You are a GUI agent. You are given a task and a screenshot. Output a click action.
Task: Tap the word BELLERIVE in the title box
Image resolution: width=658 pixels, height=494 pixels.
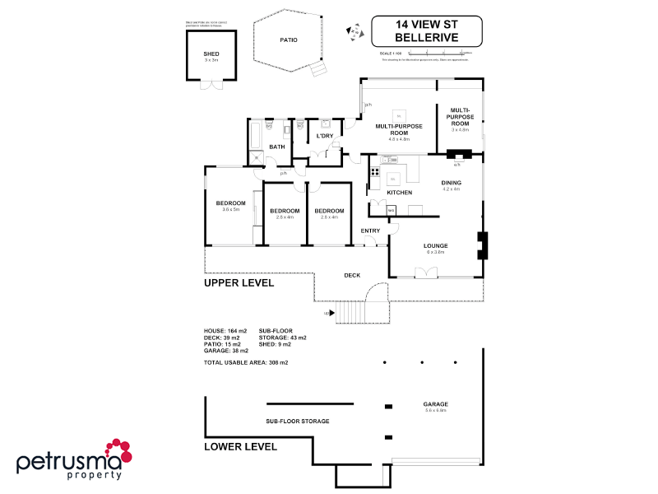[426, 38]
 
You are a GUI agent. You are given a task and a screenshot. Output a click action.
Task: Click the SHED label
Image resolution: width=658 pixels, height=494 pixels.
[211, 54]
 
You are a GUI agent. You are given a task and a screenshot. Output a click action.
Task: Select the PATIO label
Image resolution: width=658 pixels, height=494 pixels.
[288, 40]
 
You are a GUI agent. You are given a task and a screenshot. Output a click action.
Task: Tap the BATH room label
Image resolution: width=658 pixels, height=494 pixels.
[276, 147]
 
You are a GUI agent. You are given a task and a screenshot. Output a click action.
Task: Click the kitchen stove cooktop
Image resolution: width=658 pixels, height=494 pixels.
[374, 172]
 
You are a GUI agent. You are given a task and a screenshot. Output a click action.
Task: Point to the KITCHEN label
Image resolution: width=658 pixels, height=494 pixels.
[399, 193]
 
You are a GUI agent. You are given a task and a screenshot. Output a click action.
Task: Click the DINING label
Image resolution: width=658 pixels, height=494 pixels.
[451, 183]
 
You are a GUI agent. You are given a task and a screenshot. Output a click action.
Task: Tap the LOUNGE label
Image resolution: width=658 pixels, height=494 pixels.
[435, 245]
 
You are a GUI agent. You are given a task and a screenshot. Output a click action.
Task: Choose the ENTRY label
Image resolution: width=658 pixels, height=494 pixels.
[370, 231]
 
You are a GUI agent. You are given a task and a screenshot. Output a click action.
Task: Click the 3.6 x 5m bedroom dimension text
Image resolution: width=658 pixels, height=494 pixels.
[230, 209]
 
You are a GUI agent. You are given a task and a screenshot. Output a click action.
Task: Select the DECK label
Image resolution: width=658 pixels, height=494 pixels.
[352, 276]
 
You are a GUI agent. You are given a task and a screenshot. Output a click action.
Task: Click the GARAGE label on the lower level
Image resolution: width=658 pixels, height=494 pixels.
[435, 403]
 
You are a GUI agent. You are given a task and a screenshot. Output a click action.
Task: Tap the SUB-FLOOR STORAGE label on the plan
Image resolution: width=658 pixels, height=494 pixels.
[297, 421]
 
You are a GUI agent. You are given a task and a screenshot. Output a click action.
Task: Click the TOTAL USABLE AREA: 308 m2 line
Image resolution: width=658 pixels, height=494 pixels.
[246, 362]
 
